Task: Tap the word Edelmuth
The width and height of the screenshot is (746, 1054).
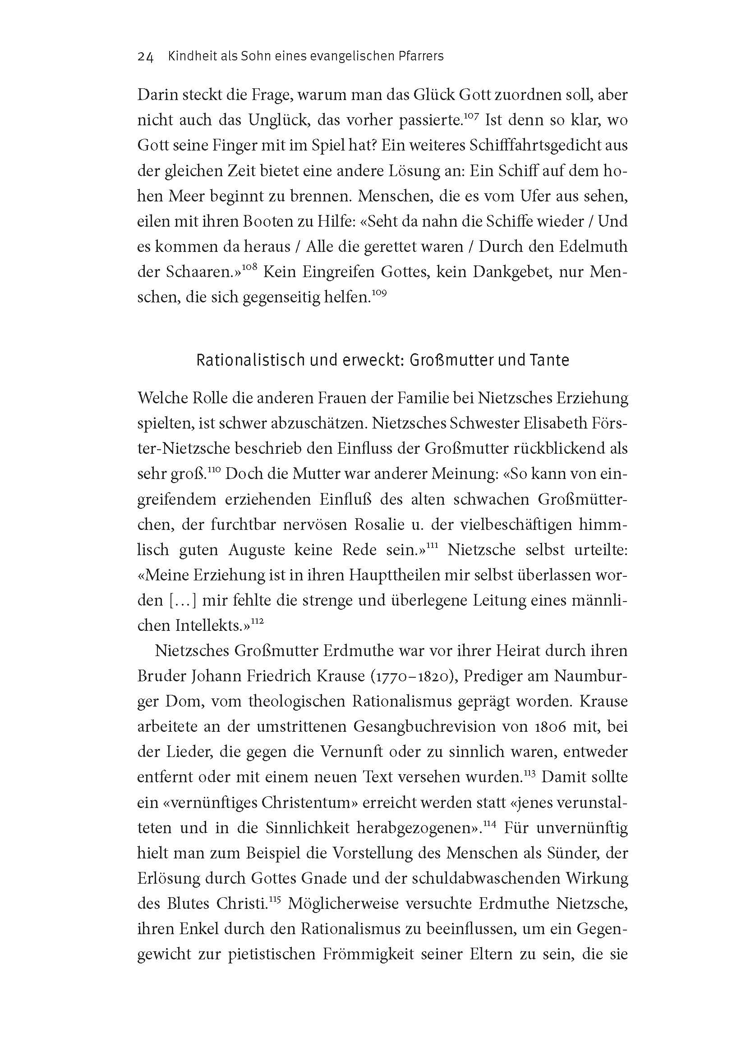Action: pyautogui.click(x=593, y=247)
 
